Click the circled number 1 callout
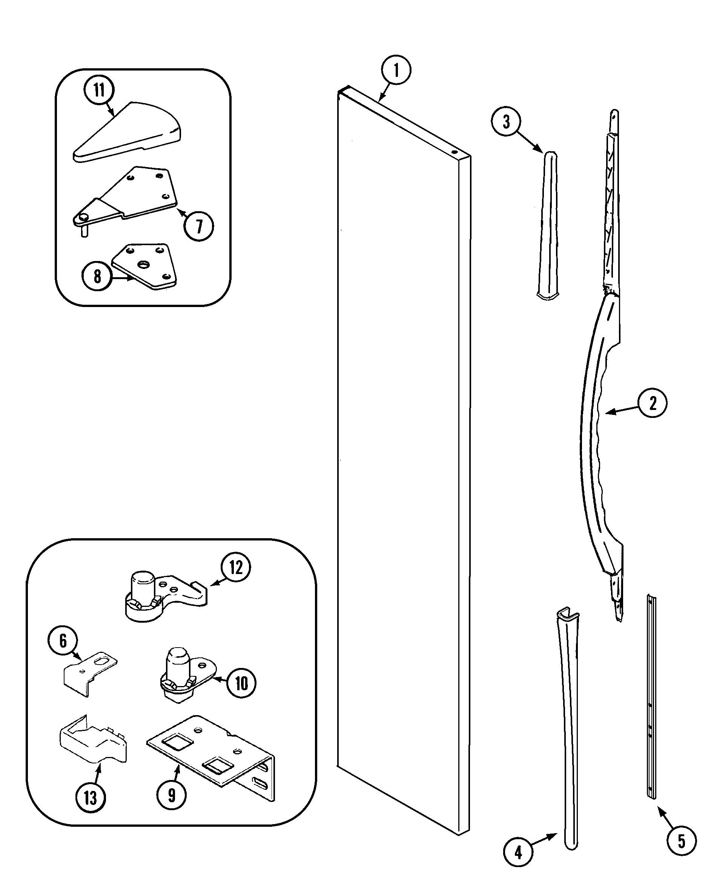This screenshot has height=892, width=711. tap(396, 70)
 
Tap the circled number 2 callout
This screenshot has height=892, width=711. tap(652, 402)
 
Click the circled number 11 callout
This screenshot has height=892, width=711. tap(99, 90)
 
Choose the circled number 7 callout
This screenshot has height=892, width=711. tap(199, 226)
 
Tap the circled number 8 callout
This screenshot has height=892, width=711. tap(97, 276)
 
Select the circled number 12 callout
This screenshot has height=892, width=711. tap(235, 567)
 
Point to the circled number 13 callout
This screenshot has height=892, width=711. tap(90, 797)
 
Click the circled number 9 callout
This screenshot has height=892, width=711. tap(171, 795)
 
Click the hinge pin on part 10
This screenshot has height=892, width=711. tap(177, 665)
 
